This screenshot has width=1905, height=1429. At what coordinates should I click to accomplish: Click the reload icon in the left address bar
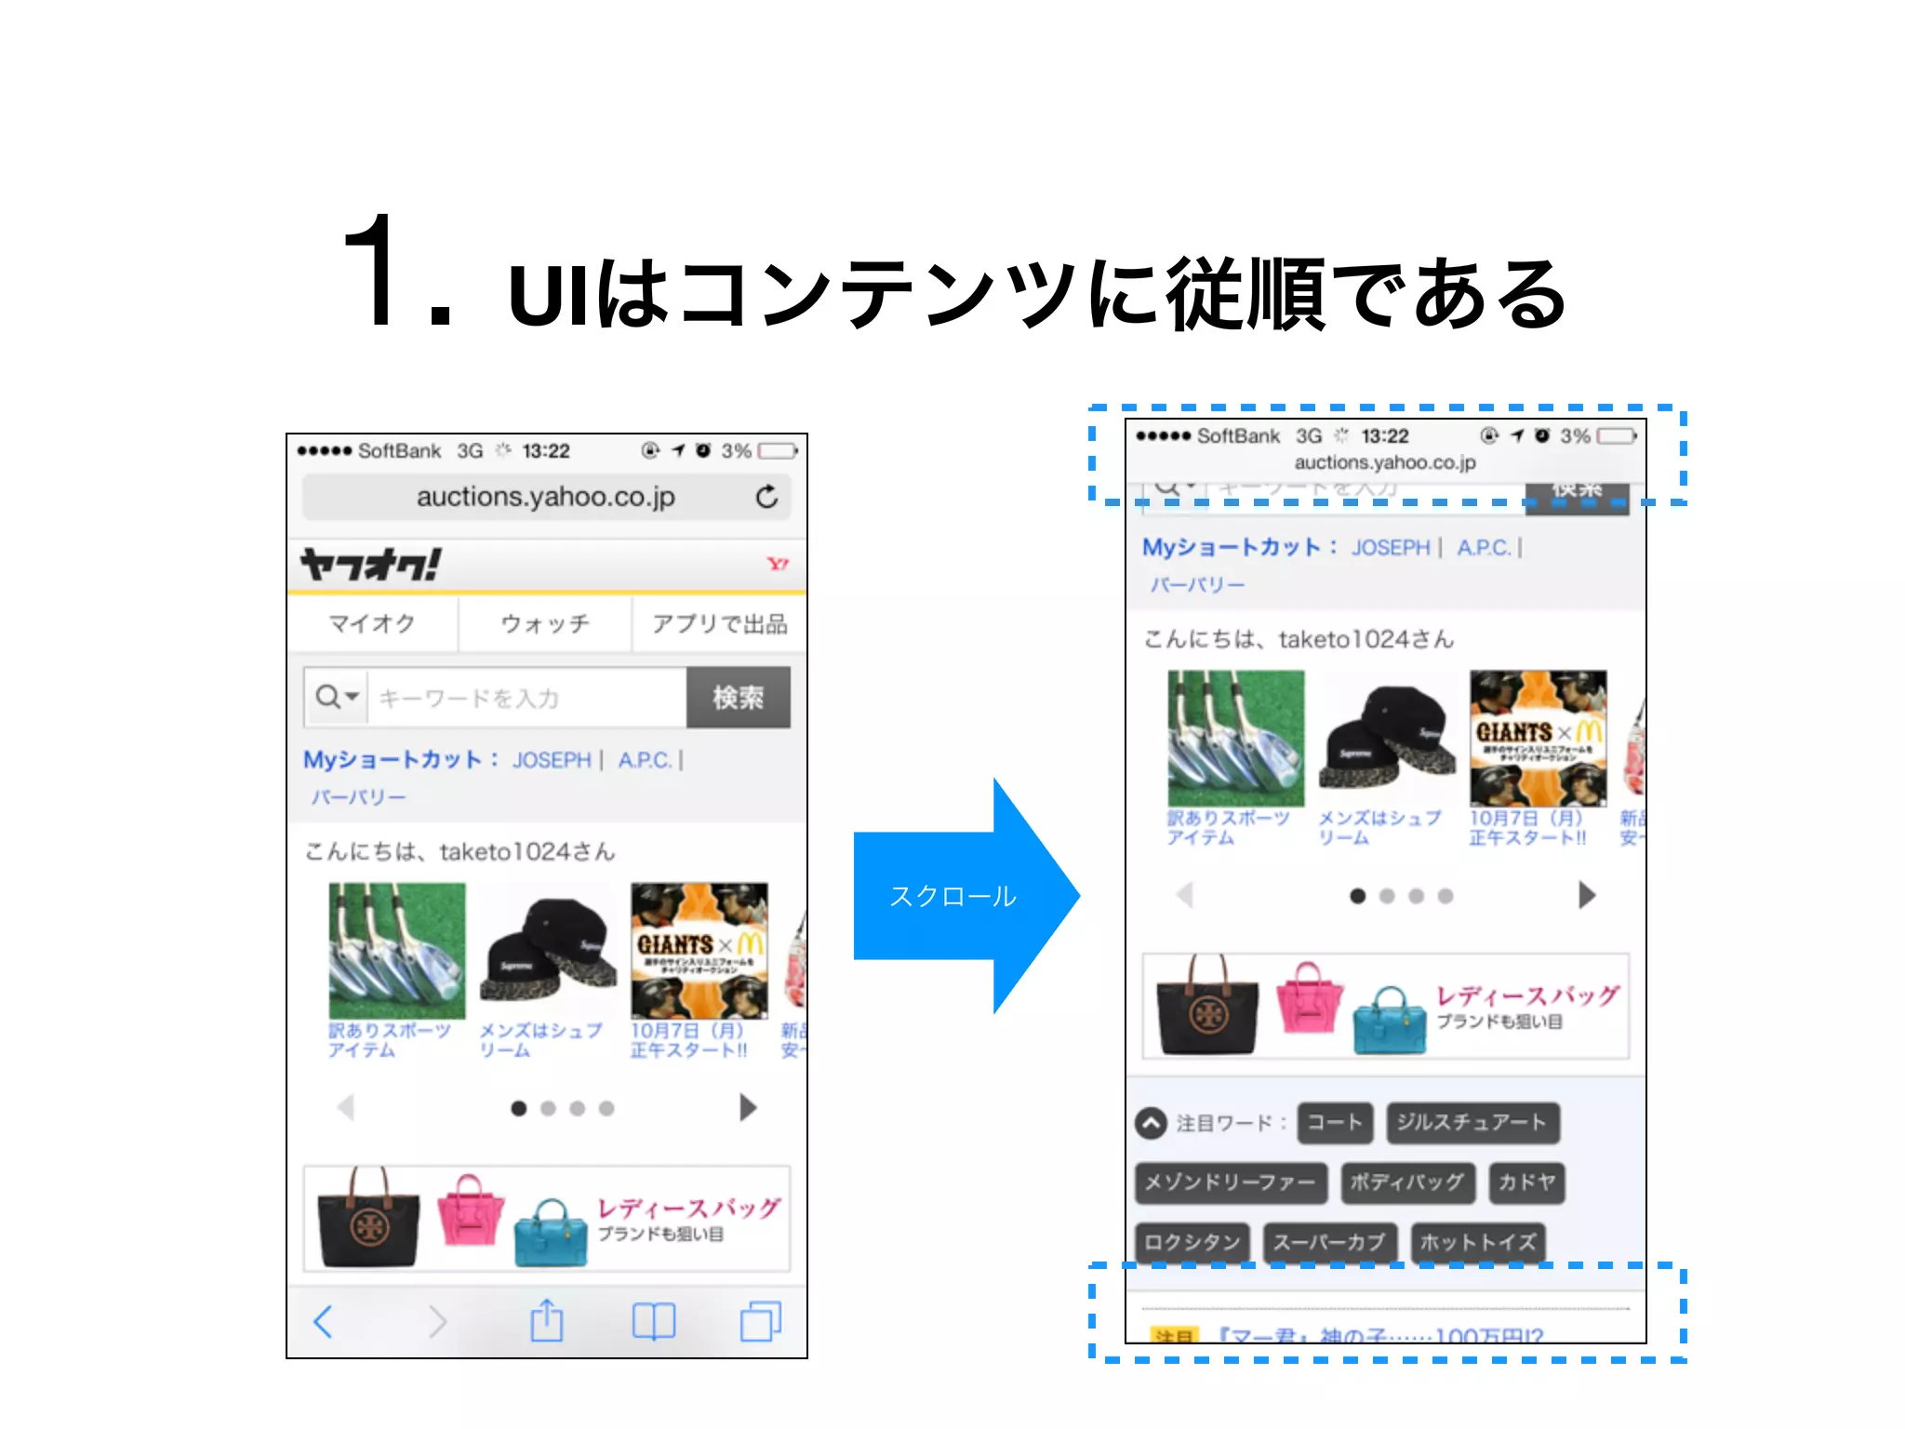(766, 497)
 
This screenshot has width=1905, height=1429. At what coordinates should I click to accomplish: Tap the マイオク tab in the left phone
(372, 623)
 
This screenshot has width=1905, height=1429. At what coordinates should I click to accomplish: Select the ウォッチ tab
(545, 623)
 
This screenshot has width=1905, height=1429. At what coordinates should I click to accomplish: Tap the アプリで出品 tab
(719, 623)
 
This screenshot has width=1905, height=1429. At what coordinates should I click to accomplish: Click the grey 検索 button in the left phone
(739, 697)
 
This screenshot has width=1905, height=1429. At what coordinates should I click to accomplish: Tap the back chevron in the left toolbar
(324, 1321)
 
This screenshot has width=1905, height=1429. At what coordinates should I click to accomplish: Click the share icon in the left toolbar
(547, 1321)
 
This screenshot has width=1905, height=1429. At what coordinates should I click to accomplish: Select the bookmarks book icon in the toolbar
(654, 1321)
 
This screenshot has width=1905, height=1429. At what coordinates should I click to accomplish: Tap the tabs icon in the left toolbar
(760, 1321)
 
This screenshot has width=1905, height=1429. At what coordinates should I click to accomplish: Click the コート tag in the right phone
(1335, 1122)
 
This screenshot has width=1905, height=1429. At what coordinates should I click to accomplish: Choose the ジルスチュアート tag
(1472, 1122)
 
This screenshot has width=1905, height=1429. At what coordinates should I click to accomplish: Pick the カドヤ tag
(1526, 1182)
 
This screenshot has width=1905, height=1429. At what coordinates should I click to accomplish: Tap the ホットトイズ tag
(1477, 1242)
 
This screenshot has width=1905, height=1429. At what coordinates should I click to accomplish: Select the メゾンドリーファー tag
(1230, 1182)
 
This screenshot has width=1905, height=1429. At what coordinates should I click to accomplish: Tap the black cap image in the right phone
(1386, 740)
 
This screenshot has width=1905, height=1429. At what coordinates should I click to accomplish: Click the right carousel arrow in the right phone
(1587, 895)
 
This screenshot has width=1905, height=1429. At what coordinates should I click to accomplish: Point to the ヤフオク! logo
(370, 564)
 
